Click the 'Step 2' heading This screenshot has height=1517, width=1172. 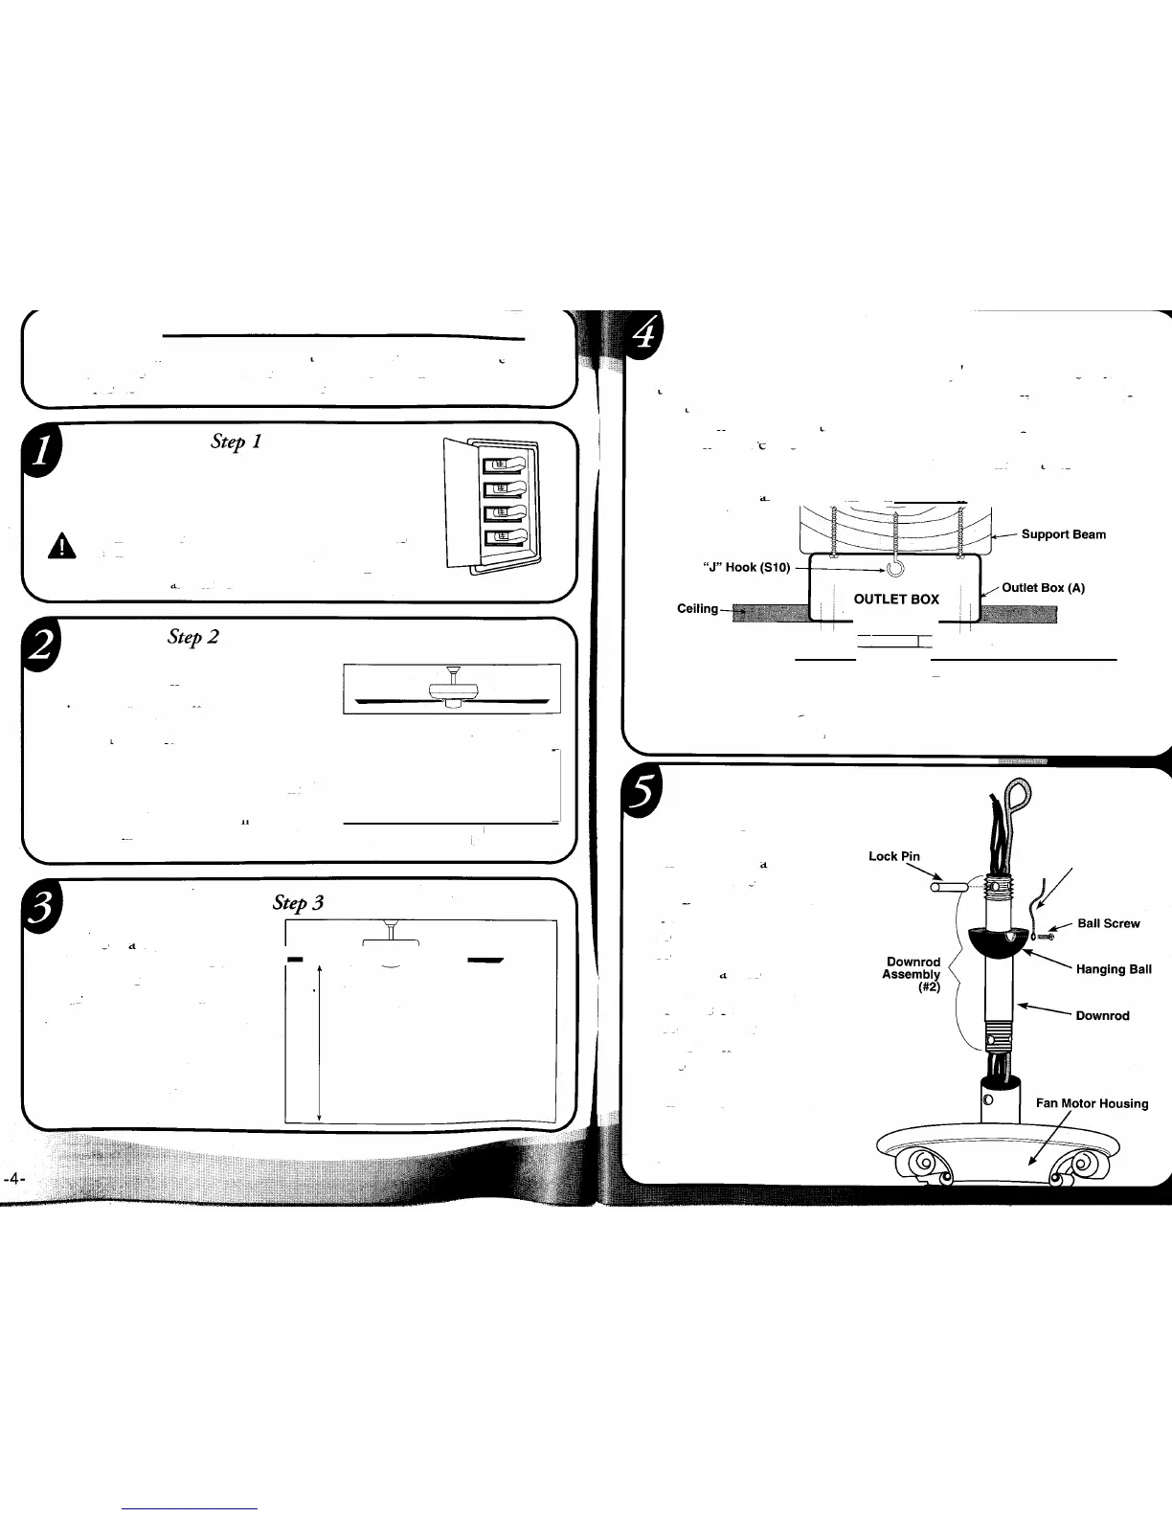pyautogui.click(x=193, y=637)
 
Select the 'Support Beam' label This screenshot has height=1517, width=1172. pyautogui.click(x=1063, y=534)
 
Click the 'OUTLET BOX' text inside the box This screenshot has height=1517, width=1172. pyautogui.click(x=896, y=600)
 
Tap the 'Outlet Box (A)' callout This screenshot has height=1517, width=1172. pyautogui.click(x=1043, y=588)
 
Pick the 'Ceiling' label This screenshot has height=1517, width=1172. pyautogui.click(x=697, y=609)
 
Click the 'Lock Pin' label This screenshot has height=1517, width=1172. pyautogui.click(x=893, y=856)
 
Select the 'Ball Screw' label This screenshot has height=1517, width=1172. pyautogui.click(x=1108, y=923)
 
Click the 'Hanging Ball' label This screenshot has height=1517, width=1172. pyautogui.click(x=1114, y=969)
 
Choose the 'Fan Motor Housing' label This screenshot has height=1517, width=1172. pyautogui.click(x=1092, y=1103)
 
